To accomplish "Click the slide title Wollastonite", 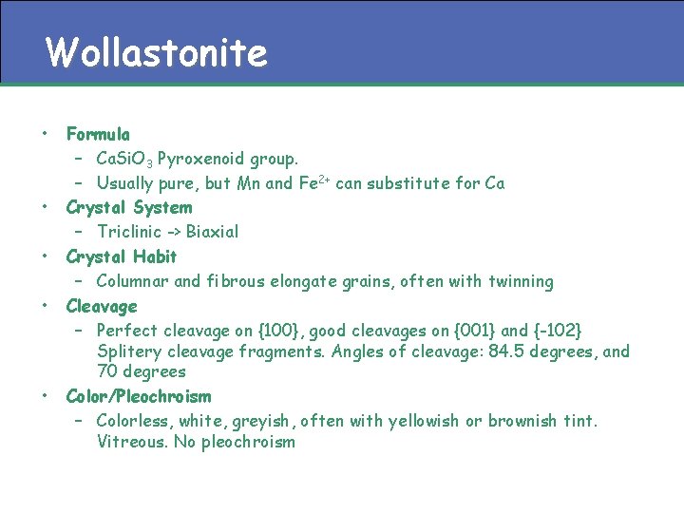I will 157,53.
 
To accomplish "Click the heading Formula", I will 98,134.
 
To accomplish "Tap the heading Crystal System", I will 128,207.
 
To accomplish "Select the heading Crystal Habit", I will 121,256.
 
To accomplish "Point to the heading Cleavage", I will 101,306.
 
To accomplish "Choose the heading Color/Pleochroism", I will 138,396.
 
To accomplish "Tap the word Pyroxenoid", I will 197,158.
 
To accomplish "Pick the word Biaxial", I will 212,232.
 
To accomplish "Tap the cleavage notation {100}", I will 281,331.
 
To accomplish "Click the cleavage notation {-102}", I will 557,331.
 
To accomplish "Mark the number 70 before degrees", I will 108,371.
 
